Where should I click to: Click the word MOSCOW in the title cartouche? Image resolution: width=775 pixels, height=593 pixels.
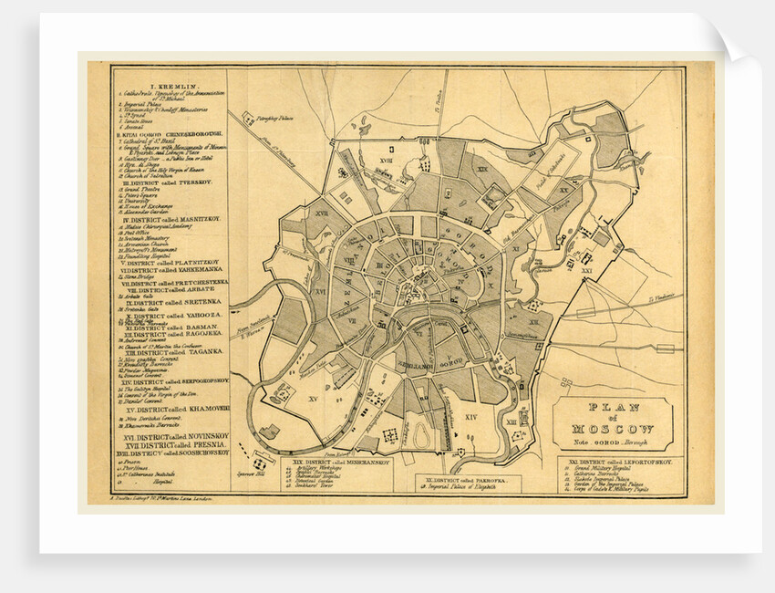613,429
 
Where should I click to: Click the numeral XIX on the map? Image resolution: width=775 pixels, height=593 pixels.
482,171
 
